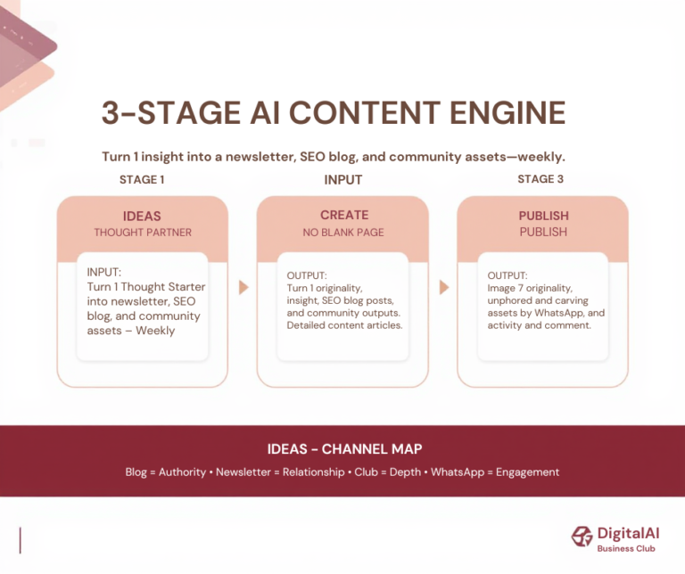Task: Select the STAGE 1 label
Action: click(x=142, y=179)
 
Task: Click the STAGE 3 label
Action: click(x=541, y=179)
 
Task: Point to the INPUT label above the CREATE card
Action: click(x=342, y=179)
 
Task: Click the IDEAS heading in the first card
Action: click(x=142, y=216)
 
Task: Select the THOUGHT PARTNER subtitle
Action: click(x=142, y=233)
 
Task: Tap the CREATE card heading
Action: click(x=343, y=215)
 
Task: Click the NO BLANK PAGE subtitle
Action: click(x=343, y=232)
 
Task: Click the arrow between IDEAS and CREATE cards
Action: click(x=243, y=288)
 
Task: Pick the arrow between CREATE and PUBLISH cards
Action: click(x=443, y=288)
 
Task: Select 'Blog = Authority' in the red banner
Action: click(x=166, y=472)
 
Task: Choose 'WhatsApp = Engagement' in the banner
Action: click(x=495, y=472)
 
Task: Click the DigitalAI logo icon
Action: click(x=582, y=537)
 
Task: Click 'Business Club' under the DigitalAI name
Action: click(x=626, y=548)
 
